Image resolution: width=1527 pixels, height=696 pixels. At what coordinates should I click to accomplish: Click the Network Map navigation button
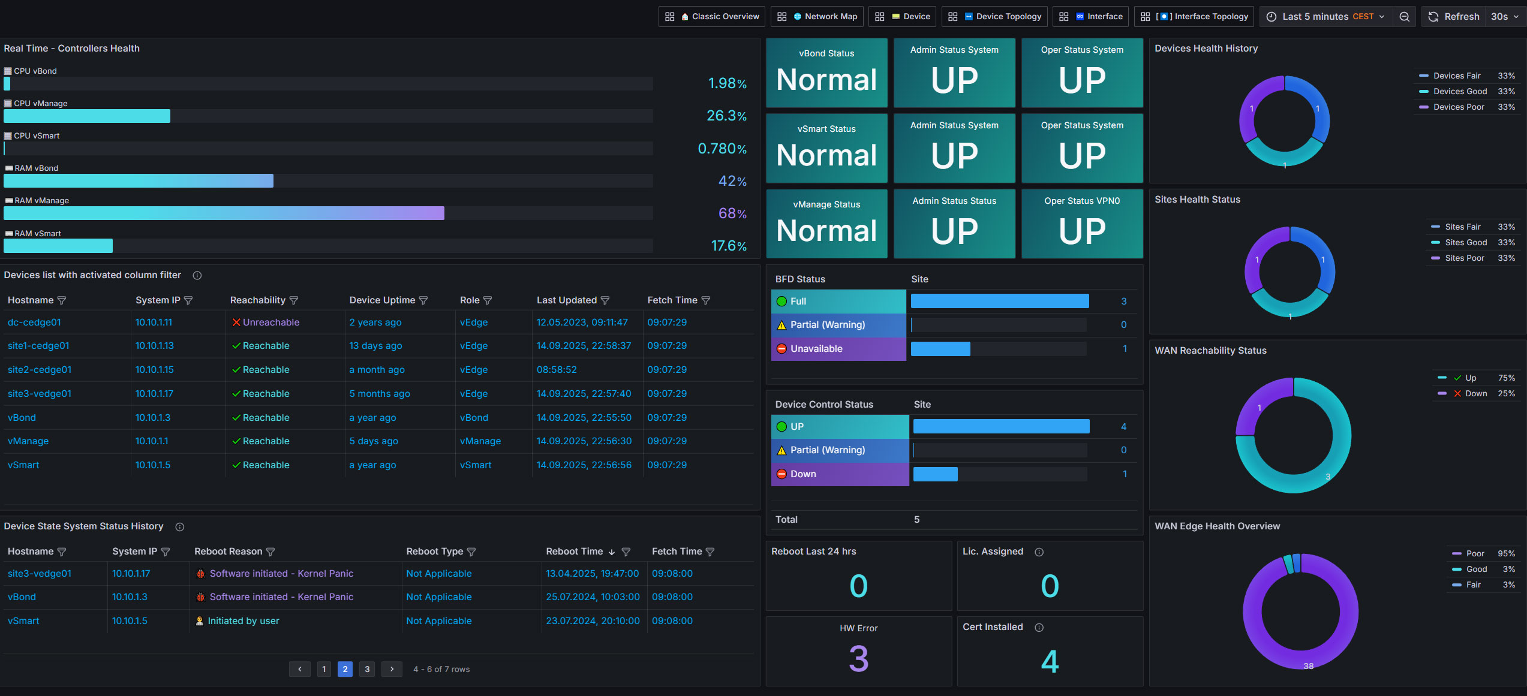point(817,17)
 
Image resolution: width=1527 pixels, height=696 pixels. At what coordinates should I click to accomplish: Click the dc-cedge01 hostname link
point(34,322)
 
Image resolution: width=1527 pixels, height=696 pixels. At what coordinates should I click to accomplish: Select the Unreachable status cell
point(266,322)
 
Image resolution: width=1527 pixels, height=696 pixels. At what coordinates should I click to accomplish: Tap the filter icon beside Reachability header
point(294,300)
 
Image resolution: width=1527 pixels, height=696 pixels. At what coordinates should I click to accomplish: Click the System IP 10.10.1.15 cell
point(154,369)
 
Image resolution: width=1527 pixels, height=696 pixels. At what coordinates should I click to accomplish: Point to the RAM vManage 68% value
point(732,213)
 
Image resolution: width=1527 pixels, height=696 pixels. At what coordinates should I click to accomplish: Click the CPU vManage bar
point(87,116)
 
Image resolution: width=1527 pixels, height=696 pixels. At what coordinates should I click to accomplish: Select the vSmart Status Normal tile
point(826,148)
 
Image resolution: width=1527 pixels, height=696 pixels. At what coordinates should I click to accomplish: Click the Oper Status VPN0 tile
point(1082,224)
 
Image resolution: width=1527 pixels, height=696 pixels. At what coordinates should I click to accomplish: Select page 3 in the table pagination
point(367,669)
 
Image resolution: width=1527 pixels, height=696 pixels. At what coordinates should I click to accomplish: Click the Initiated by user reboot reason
point(238,621)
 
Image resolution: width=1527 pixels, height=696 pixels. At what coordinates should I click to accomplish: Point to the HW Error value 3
point(858,659)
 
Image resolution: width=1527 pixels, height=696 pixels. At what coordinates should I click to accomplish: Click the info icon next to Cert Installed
point(1039,628)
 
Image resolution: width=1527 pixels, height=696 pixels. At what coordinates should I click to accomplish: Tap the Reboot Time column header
point(574,552)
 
